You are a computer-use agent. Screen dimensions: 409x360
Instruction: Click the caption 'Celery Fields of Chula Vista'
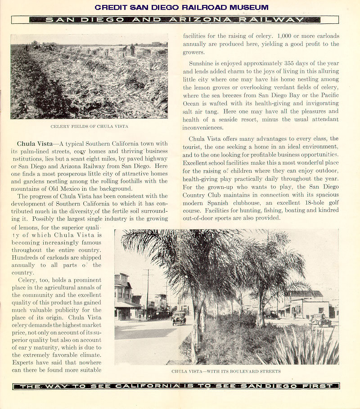pos(89,126)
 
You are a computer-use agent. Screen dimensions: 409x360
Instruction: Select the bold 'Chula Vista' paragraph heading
pos(35,144)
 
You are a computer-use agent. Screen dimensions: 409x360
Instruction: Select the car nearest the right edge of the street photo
pos(321,320)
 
